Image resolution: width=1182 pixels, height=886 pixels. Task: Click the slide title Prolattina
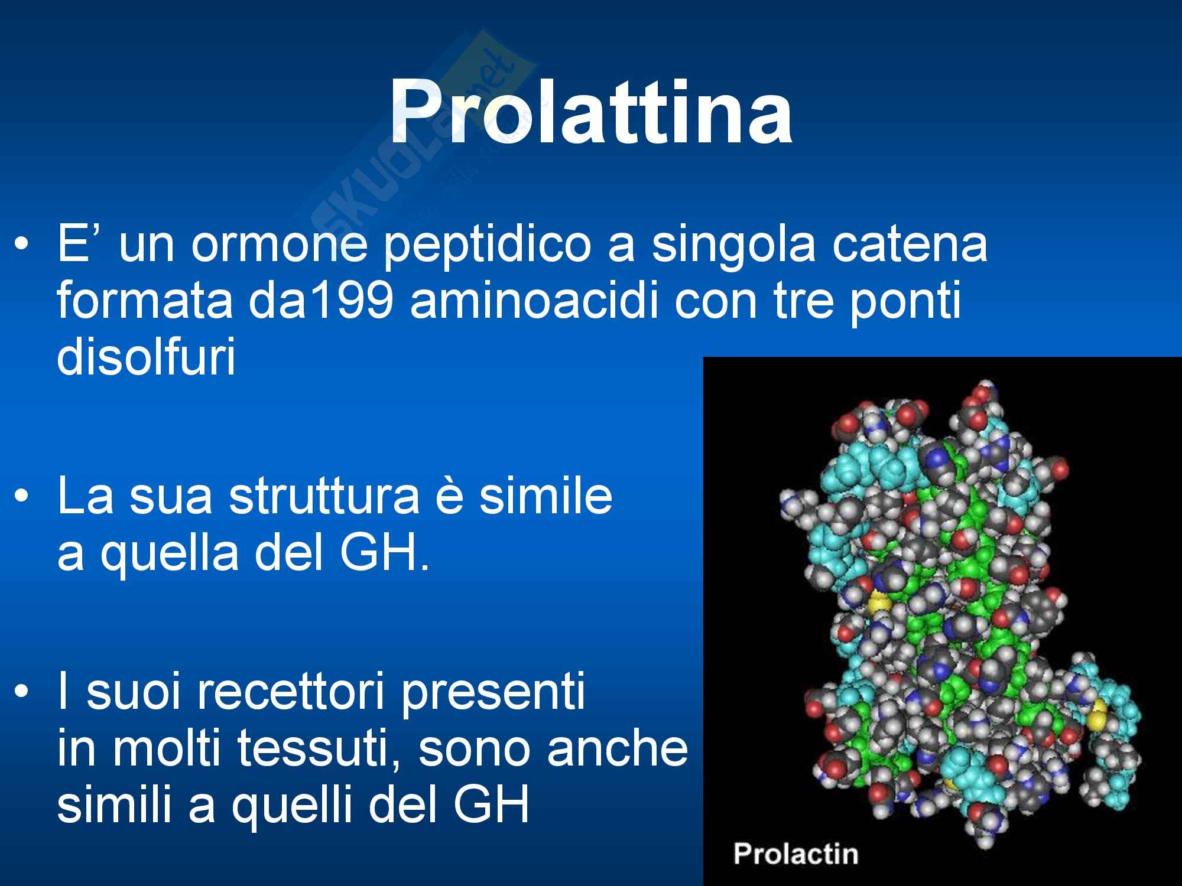click(590, 112)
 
